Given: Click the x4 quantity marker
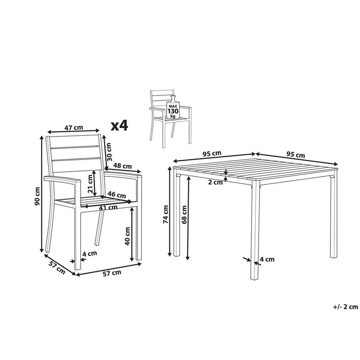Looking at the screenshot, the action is [x=119, y=126].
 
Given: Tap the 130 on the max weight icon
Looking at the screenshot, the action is [x=173, y=111].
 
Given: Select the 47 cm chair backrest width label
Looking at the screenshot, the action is [x=74, y=127].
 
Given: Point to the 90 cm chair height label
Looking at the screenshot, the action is [x=37, y=196].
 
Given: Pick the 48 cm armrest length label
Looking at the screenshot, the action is [x=122, y=166].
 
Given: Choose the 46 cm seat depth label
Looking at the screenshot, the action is [x=117, y=195].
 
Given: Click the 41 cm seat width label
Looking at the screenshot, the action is [x=108, y=207].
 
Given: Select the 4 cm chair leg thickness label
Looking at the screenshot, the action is [x=90, y=254].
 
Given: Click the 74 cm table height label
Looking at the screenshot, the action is [x=166, y=214].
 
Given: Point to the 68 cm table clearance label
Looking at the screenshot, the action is [x=184, y=214].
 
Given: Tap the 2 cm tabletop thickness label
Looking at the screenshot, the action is [x=215, y=182].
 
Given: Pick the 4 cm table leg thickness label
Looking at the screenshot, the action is [x=267, y=259].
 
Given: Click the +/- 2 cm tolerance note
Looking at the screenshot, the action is [x=346, y=307].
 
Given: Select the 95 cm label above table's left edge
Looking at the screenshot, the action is [x=212, y=154].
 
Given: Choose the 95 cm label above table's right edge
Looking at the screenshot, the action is [x=296, y=155].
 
